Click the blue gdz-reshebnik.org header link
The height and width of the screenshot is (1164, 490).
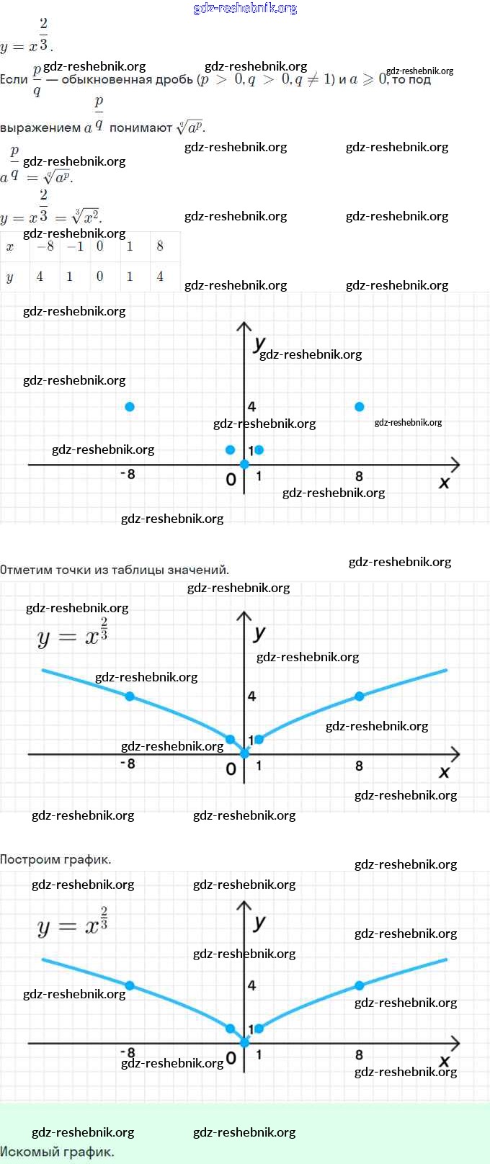[x=245, y=8]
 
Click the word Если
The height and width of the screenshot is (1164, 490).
[x=14, y=79]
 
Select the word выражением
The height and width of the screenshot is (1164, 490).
[x=40, y=127]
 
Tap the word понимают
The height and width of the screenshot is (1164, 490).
[x=141, y=127]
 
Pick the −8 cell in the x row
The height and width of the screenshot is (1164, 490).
[x=45, y=246]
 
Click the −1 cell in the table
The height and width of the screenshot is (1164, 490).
[x=74, y=246]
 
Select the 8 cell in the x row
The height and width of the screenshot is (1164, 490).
[x=160, y=246]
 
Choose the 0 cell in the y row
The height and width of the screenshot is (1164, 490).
[x=99, y=277]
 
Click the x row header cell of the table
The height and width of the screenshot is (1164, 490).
[x=10, y=247]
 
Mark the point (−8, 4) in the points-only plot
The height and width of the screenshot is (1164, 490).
[x=130, y=407]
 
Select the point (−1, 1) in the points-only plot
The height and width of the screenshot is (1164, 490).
[x=230, y=450]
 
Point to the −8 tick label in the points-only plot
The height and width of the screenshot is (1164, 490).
[x=128, y=474]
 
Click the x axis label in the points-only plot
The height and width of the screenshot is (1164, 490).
[x=444, y=483]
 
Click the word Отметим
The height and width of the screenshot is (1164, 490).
[x=25, y=570]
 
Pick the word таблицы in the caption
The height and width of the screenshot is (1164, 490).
[x=140, y=570]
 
